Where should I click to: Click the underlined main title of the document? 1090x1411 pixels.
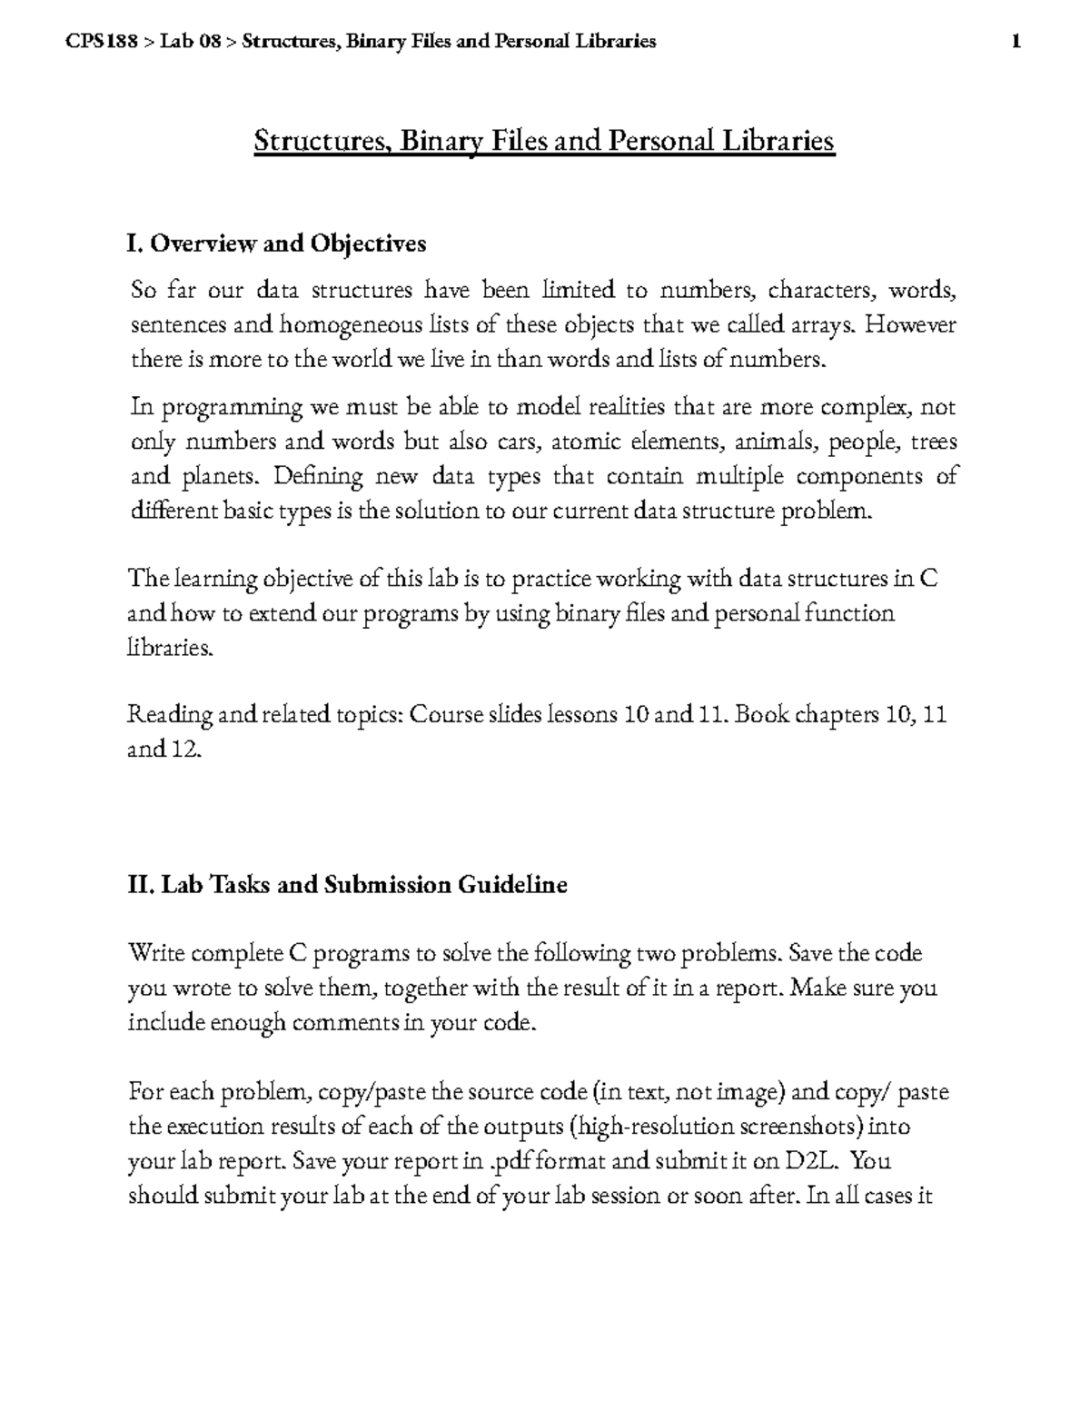(543, 142)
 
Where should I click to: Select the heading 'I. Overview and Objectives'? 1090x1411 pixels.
(276, 243)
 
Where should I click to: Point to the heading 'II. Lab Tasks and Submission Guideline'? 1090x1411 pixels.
(348, 884)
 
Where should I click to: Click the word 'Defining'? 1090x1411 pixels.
(318, 476)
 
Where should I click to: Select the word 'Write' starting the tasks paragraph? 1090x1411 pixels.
(155, 953)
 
